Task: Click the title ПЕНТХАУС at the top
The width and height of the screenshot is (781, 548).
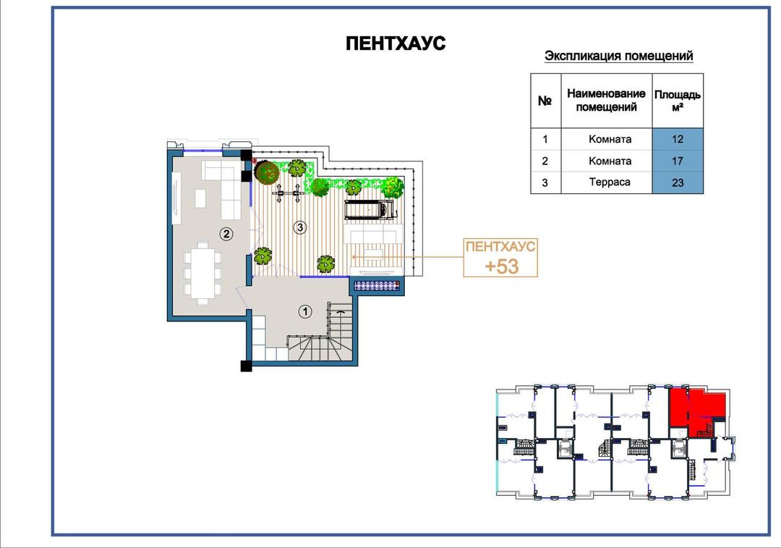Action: [396, 43]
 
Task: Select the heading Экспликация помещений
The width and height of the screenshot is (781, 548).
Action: [618, 56]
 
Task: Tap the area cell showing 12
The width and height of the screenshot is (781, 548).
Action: [678, 139]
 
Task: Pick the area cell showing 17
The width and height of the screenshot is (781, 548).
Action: [678, 161]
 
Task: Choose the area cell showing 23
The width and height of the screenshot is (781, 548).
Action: [678, 182]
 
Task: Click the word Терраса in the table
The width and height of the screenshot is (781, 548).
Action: [610, 182]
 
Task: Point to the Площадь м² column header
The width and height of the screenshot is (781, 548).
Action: [678, 100]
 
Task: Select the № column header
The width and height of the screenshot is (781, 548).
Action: [545, 101]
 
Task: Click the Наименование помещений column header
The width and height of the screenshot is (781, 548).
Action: [606, 100]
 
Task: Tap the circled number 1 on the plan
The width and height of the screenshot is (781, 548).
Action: [305, 312]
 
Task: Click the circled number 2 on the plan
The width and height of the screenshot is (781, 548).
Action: [226, 233]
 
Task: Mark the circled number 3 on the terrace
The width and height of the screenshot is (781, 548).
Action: [300, 227]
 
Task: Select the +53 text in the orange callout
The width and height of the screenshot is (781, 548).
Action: [502, 266]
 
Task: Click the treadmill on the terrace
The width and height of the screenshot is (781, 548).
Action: [369, 209]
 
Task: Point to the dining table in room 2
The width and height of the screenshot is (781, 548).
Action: [202, 273]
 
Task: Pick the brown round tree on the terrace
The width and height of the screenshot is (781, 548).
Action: [266, 172]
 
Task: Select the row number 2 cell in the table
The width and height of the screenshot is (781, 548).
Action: [545, 161]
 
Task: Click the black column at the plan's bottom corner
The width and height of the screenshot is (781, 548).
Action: [246, 366]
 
